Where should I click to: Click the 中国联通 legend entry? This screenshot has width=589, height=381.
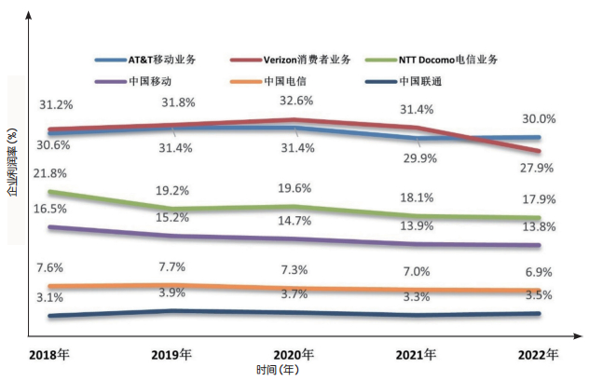coord(420,81)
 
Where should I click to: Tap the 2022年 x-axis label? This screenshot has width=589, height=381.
coord(538,355)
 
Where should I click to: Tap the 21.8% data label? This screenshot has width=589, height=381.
coord(49,173)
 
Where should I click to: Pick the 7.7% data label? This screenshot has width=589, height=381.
coord(173,266)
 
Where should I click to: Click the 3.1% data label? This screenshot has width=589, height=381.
coord(49,298)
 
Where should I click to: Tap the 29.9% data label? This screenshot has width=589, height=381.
coord(417,158)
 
